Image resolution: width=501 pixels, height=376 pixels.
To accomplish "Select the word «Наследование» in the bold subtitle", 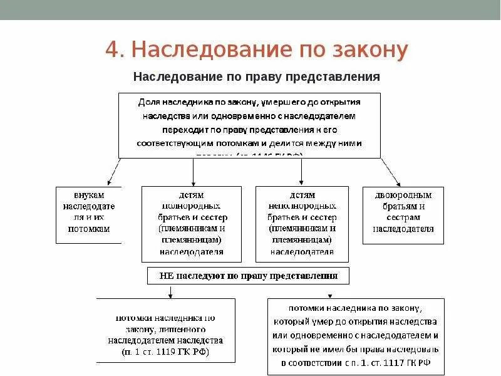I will coord(169,76).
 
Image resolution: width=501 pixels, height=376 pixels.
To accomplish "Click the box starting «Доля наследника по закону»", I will coord(249,125).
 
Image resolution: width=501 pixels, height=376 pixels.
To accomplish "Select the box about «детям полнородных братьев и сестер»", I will coord(192,224).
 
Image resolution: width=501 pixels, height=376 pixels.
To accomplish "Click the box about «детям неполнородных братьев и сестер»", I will coord(302,224).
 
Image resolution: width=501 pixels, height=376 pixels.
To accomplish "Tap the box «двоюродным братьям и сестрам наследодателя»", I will coord(403,214).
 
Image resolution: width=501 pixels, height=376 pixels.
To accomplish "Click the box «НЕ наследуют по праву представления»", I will coord(248,276).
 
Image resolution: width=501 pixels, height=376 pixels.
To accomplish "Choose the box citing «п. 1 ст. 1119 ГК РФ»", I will coord(165,330).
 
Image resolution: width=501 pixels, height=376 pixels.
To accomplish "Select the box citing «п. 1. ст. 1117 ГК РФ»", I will coord(356,336).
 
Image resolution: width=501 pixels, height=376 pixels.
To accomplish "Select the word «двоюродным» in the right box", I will coord(403,195).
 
